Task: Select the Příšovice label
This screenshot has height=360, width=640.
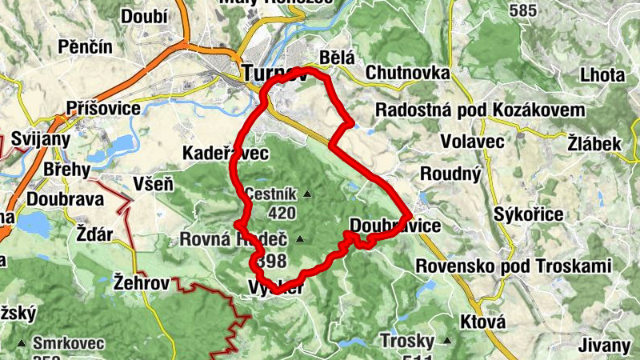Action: click(105, 107)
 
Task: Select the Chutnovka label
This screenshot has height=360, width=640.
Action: click(407, 73)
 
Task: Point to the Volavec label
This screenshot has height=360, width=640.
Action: click(472, 142)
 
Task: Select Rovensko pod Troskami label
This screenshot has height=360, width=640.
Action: click(514, 266)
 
